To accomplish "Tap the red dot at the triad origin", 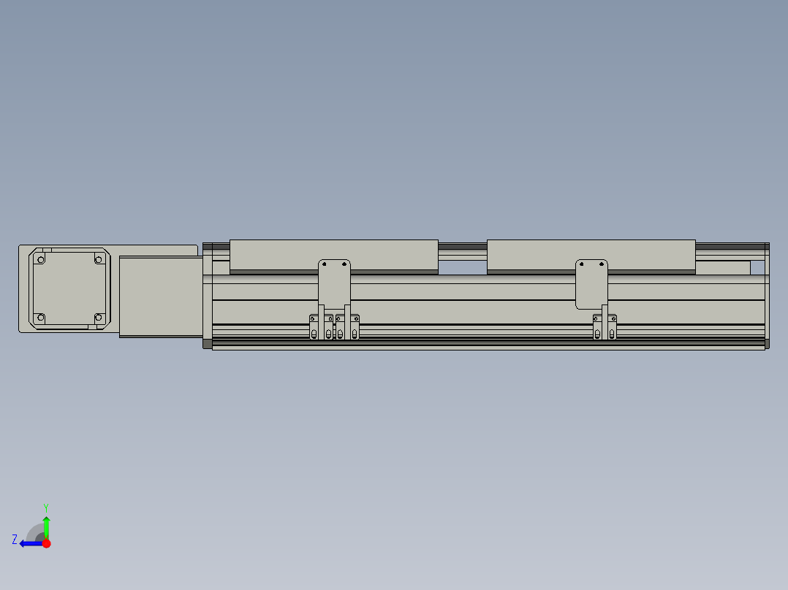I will tap(46, 543).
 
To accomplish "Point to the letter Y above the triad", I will tap(45, 507).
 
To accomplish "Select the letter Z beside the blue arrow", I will tap(15, 540).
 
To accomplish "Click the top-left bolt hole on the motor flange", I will tap(40, 259).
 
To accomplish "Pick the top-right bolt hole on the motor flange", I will tap(99, 259).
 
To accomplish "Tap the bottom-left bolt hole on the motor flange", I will tap(40, 318).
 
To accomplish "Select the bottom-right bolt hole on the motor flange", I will tap(99, 318).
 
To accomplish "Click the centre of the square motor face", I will tap(69, 288).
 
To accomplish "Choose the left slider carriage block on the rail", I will tap(333, 255).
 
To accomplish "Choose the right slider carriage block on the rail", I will tap(591, 255).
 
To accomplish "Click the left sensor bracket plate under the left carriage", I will tap(334, 281).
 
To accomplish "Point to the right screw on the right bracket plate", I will tap(602, 264).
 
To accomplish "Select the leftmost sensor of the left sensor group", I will tap(314, 327).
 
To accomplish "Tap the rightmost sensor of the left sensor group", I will tap(355, 327).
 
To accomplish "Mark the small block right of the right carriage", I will tap(722, 267).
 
